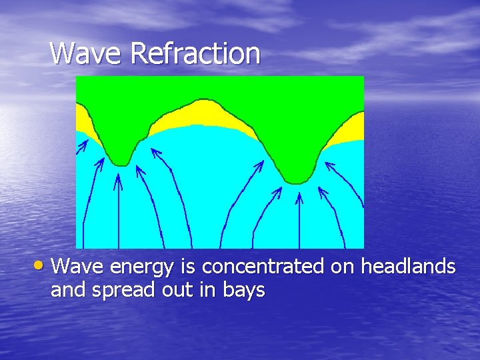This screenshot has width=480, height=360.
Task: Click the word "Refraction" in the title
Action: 195,53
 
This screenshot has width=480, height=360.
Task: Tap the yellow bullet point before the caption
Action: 42,267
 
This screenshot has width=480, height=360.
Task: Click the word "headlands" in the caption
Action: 408,267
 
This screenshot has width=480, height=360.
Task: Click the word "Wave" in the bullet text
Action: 78,267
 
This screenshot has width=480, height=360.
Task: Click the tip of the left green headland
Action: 120,162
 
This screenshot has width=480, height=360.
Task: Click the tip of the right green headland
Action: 296,180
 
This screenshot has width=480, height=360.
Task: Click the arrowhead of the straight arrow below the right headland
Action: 299,195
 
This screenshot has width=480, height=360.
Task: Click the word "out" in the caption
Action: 192,291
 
